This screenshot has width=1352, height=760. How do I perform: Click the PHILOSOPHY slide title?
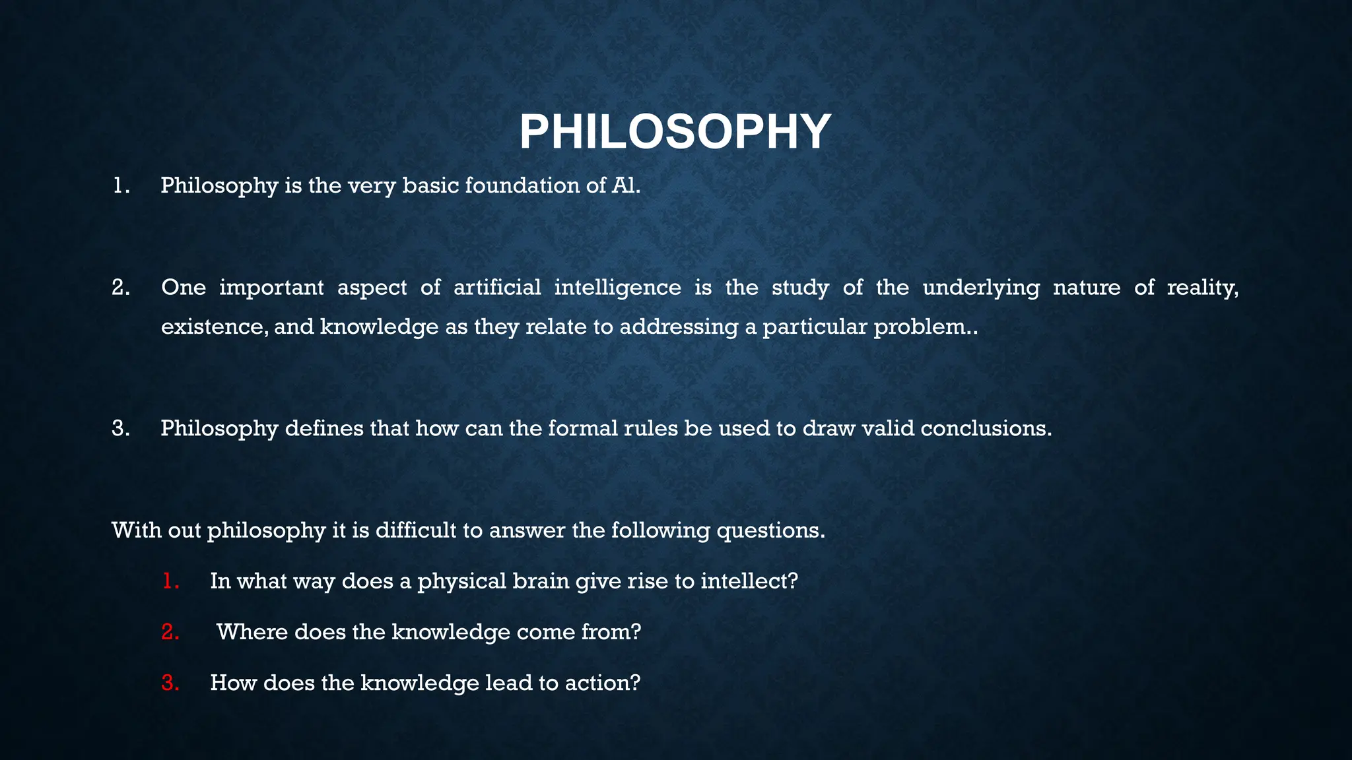[675, 132]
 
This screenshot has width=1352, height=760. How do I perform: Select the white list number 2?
[120, 288]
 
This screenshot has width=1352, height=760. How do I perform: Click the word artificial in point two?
[497, 288]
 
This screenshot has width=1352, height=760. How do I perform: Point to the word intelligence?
[617, 288]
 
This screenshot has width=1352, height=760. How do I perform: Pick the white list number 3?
[120, 429]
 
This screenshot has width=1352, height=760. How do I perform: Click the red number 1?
[170, 581]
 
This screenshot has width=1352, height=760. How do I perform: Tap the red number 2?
[170, 632]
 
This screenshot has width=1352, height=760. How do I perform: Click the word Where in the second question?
[252, 632]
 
